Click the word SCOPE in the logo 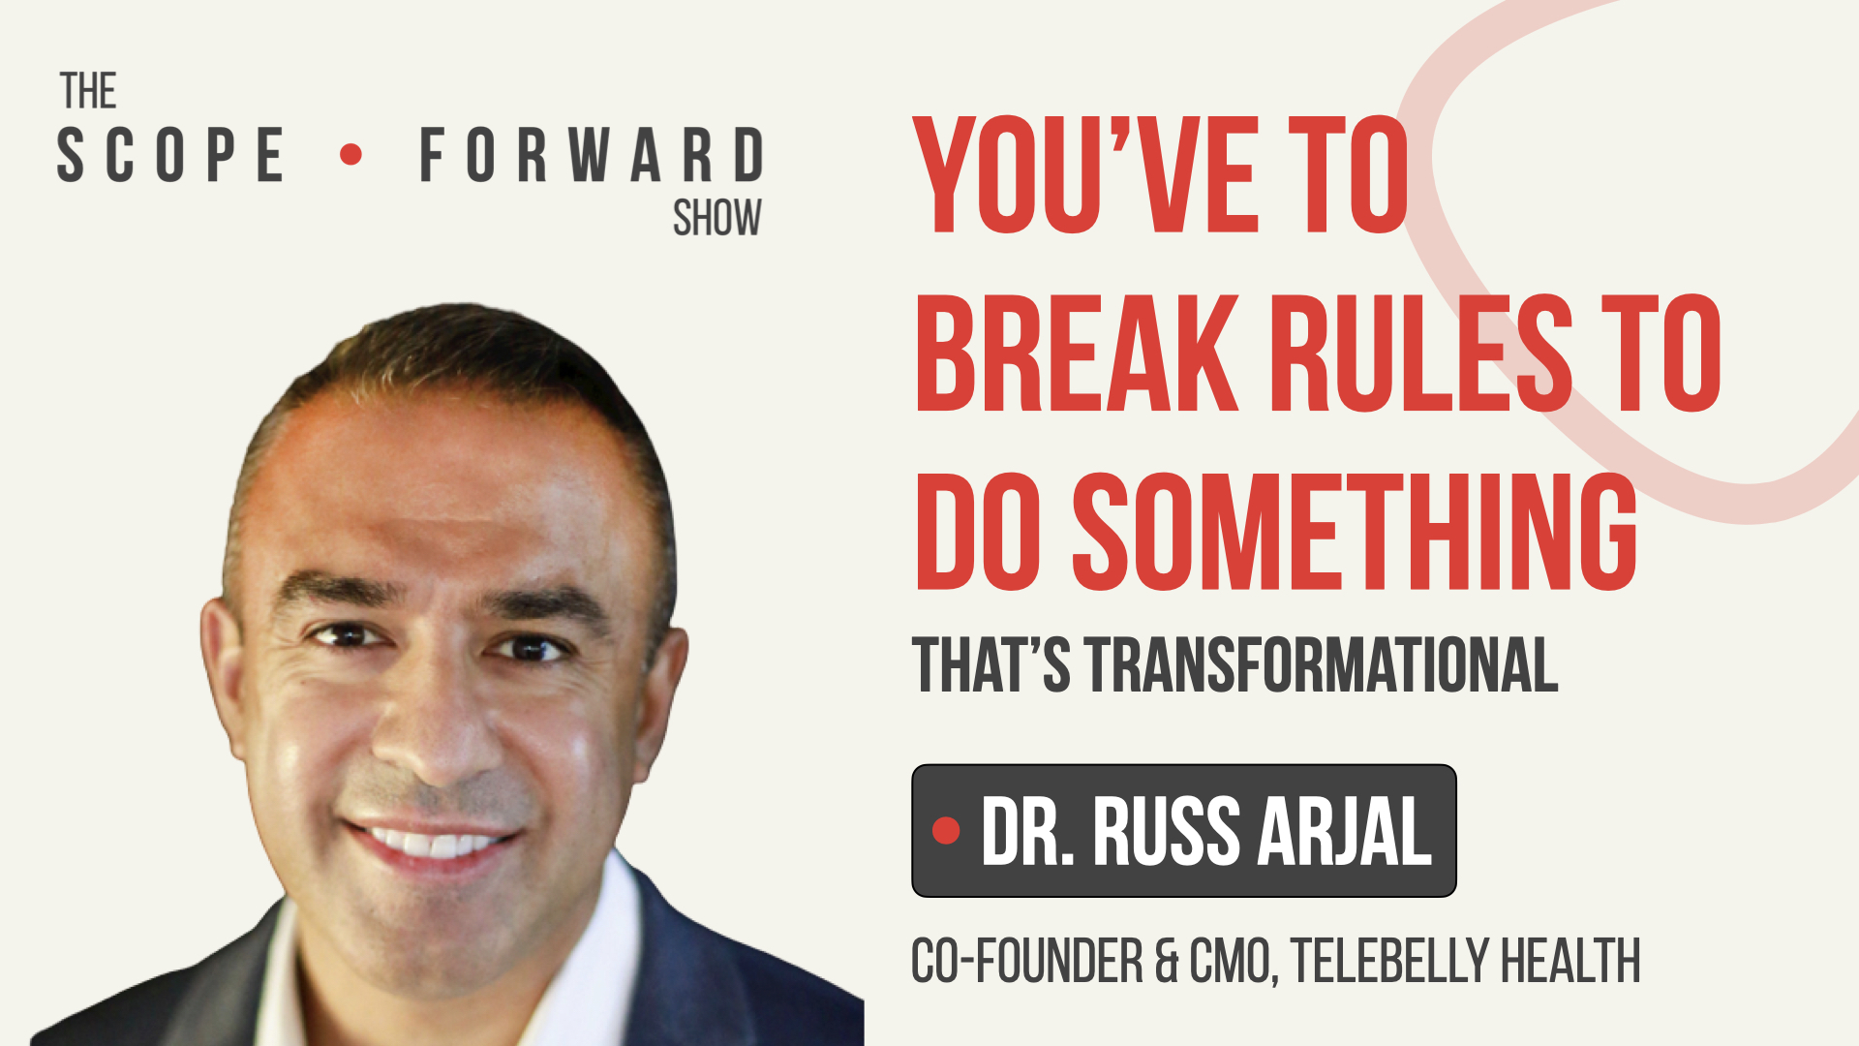[x=170, y=155]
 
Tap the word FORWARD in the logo [x=592, y=155]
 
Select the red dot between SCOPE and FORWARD [x=351, y=154]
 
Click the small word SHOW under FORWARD [x=716, y=219]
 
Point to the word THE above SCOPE [x=88, y=92]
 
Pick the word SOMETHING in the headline [x=1355, y=533]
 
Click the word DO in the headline [x=978, y=533]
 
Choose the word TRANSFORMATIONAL [x=1322, y=666]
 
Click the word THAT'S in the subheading [x=990, y=666]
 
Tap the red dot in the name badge [x=946, y=830]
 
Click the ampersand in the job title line [x=1167, y=961]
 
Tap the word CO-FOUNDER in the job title [x=1027, y=961]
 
